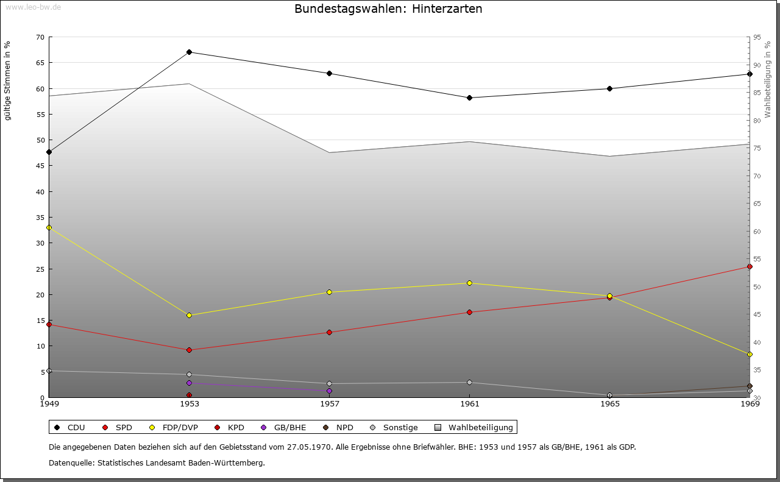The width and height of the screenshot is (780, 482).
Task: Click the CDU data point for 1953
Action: click(x=190, y=52)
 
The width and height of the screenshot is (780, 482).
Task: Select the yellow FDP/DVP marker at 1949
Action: click(x=49, y=227)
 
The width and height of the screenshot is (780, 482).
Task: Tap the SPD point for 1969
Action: click(x=750, y=266)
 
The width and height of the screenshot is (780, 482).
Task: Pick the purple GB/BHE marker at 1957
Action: click(x=330, y=391)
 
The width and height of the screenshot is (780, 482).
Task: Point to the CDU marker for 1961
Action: click(x=469, y=97)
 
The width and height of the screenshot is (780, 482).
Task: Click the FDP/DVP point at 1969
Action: click(x=750, y=354)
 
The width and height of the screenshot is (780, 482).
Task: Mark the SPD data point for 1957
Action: click(x=330, y=332)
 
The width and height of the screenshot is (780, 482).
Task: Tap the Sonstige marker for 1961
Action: click(x=469, y=382)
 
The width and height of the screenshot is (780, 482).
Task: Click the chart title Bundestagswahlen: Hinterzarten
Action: click(x=388, y=9)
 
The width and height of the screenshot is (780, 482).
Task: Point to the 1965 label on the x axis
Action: click(x=609, y=403)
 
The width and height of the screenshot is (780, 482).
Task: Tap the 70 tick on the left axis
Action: click(x=40, y=37)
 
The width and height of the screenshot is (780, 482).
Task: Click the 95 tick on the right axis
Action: click(x=757, y=37)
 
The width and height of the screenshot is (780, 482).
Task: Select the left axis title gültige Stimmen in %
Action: click(x=7, y=80)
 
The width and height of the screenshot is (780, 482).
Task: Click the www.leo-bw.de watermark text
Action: click(x=33, y=7)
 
